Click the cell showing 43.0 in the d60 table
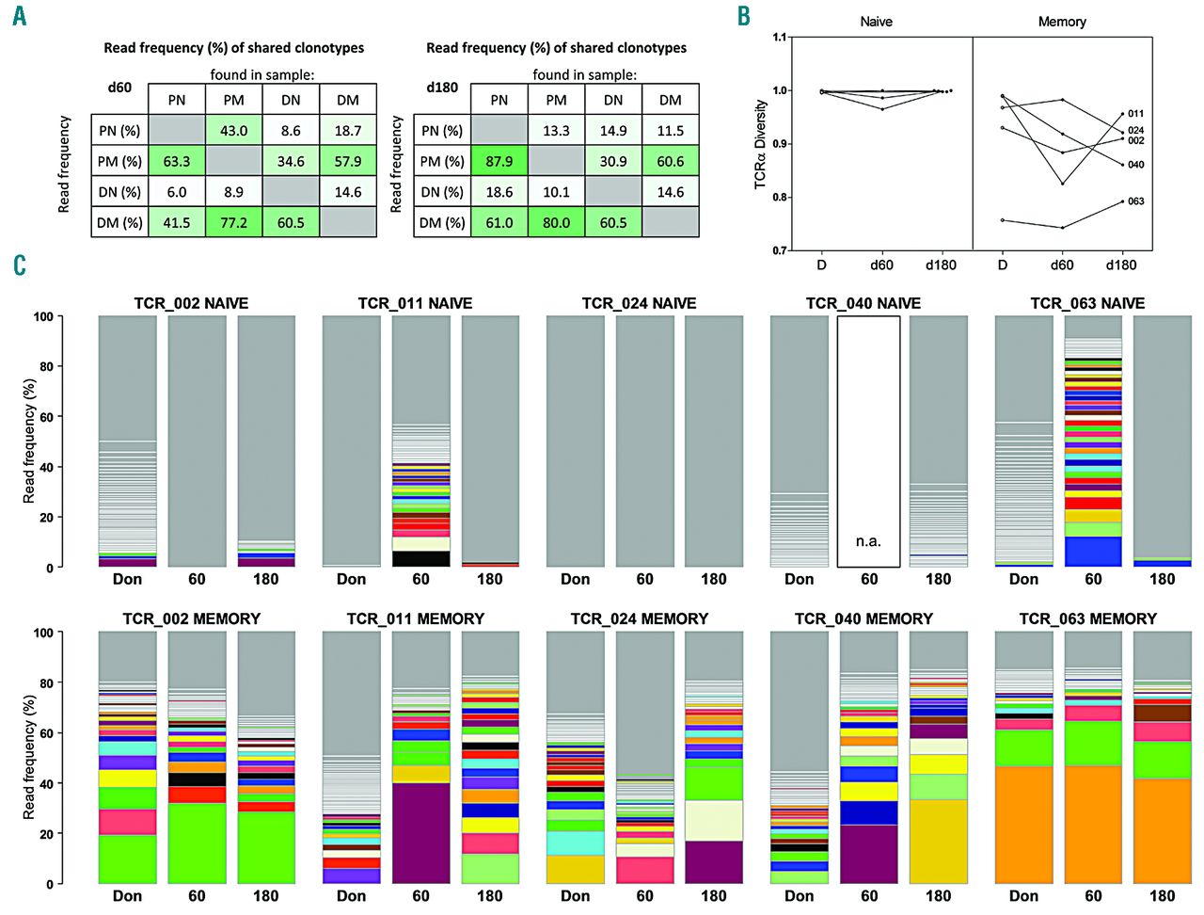pyautogui.click(x=233, y=131)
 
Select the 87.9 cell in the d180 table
pyautogui.click(x=499, y=161)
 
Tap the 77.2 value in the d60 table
pyautogui.click(x=233, y=222)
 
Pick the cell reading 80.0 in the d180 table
pyautogui.click(x=556, y=222)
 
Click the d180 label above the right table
pyautogui.click(x=442, y=88)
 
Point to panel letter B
pyautogui.click(x=743, y=16)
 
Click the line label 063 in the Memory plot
pyautogui.click(x=1135, y=201)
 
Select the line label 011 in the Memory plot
pyautogui.click(x=1135, y=114)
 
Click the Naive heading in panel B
pyautogui.click(x=876, y=22)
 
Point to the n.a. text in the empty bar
pyautogui.click(x=868, y=541)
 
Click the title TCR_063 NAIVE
pyautogui.click(x=1087, y=303)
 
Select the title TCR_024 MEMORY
pyautogui.click(x=639, y=618)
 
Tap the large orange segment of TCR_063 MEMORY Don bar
pyautogui.click(x=1023, y=824)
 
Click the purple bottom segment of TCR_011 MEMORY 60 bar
pyautogui.click(x=420, y=833)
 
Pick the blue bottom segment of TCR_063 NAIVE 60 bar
pyautogui.click(x=1093, y=551)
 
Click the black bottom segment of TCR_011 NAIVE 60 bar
pyautogui.click(x=420, y=558)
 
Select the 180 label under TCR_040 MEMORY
pyautogui.click(x=938, y=895)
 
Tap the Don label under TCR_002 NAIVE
pyautogui.click(x=127, y=579)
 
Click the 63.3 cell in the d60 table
pyautogui.click(x=176, y=161)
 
